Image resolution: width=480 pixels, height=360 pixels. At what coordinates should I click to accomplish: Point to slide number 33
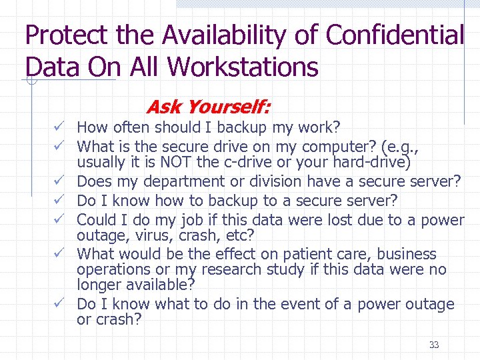[434, 345]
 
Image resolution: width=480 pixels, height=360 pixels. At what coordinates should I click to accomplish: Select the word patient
[282, 254]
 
